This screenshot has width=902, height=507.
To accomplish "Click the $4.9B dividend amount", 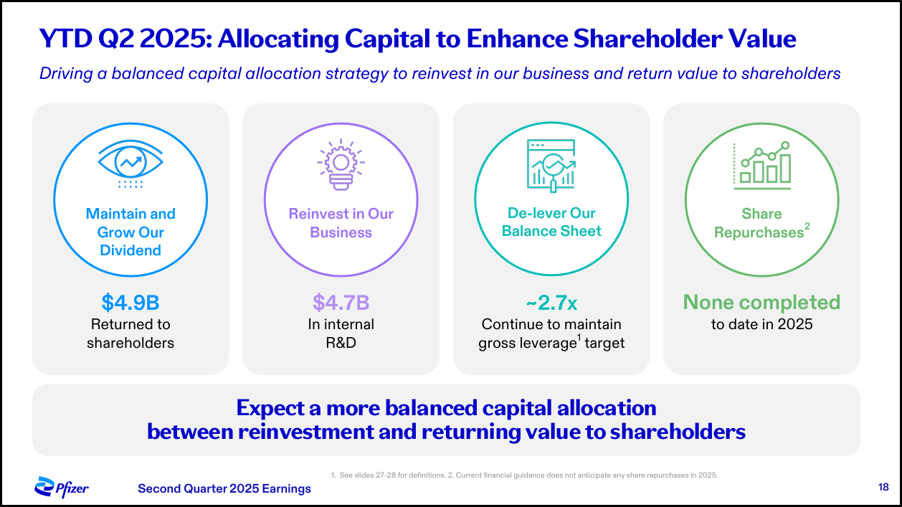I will (130, 303).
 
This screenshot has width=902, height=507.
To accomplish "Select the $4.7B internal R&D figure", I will (341, 303).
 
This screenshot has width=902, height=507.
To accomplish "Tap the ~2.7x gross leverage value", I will (551, 303).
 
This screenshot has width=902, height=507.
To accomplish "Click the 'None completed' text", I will (761, 303).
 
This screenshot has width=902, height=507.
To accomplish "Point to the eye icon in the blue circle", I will (130, 164).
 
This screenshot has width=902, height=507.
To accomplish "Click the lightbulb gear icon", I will (341, 164).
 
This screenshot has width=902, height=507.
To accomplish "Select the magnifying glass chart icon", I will (551, 164).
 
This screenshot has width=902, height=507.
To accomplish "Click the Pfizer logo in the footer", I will (62, 488).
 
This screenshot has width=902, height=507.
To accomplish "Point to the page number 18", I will (883, 488).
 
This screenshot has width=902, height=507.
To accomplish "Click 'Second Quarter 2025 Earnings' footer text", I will (224, 488).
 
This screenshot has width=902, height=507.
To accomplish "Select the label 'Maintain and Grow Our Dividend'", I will (130, 232).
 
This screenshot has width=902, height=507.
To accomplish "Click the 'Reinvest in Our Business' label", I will (341, 223).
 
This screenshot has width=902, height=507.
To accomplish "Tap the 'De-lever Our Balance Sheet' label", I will (551, 222).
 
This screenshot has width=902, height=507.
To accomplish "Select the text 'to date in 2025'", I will (761, 324).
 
